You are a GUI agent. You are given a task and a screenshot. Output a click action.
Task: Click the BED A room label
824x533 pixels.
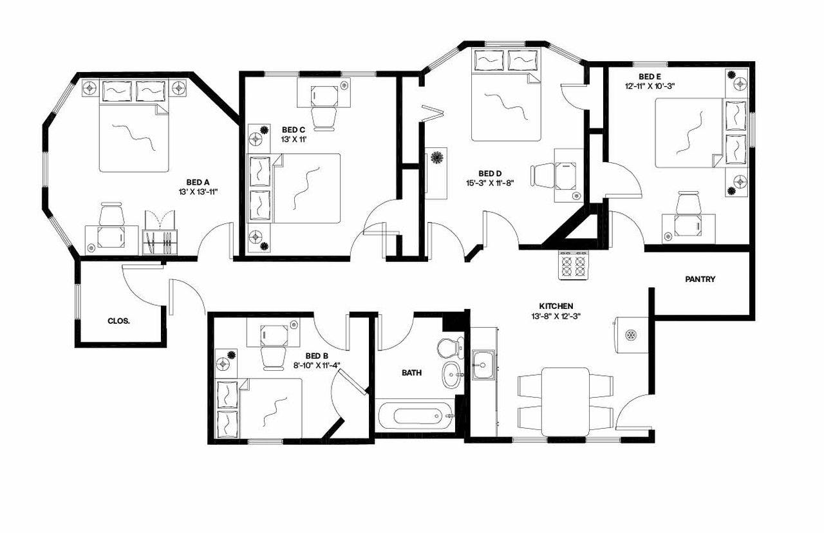pos(198,182)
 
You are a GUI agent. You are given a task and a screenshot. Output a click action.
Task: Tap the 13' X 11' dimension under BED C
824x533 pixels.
pos(294,140)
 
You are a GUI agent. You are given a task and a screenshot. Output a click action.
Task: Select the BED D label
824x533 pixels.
pos(490,173)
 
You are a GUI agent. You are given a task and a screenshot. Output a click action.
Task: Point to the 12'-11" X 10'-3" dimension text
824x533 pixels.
pos(650,86)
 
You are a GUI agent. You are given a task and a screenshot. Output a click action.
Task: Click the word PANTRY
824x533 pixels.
pos(700,279)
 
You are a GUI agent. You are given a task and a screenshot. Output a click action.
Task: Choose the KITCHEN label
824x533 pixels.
pos(556,306)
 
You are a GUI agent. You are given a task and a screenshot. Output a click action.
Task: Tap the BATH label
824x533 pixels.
pos(411,373)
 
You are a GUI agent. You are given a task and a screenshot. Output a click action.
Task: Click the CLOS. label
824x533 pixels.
pos(118,321)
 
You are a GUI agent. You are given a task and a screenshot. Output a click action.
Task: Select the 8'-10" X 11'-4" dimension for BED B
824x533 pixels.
pos(316,365)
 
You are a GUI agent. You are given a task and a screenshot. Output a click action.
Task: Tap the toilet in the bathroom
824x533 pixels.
pos(450,347)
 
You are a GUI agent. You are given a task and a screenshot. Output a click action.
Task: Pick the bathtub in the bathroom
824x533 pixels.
pos(416,416)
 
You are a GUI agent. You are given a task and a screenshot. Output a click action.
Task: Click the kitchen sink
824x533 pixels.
pos(483,365)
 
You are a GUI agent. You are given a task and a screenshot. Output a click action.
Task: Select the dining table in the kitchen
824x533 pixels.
pos(565,402)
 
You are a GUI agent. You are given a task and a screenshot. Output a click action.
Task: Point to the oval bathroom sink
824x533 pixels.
pos(452,375)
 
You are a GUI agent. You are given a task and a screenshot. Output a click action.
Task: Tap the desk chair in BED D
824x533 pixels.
pos(543,176)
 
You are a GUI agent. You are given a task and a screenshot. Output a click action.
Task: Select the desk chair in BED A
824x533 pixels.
pos(112,214)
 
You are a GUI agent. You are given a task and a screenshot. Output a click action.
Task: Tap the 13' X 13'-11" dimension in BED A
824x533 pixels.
pos(198,192)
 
